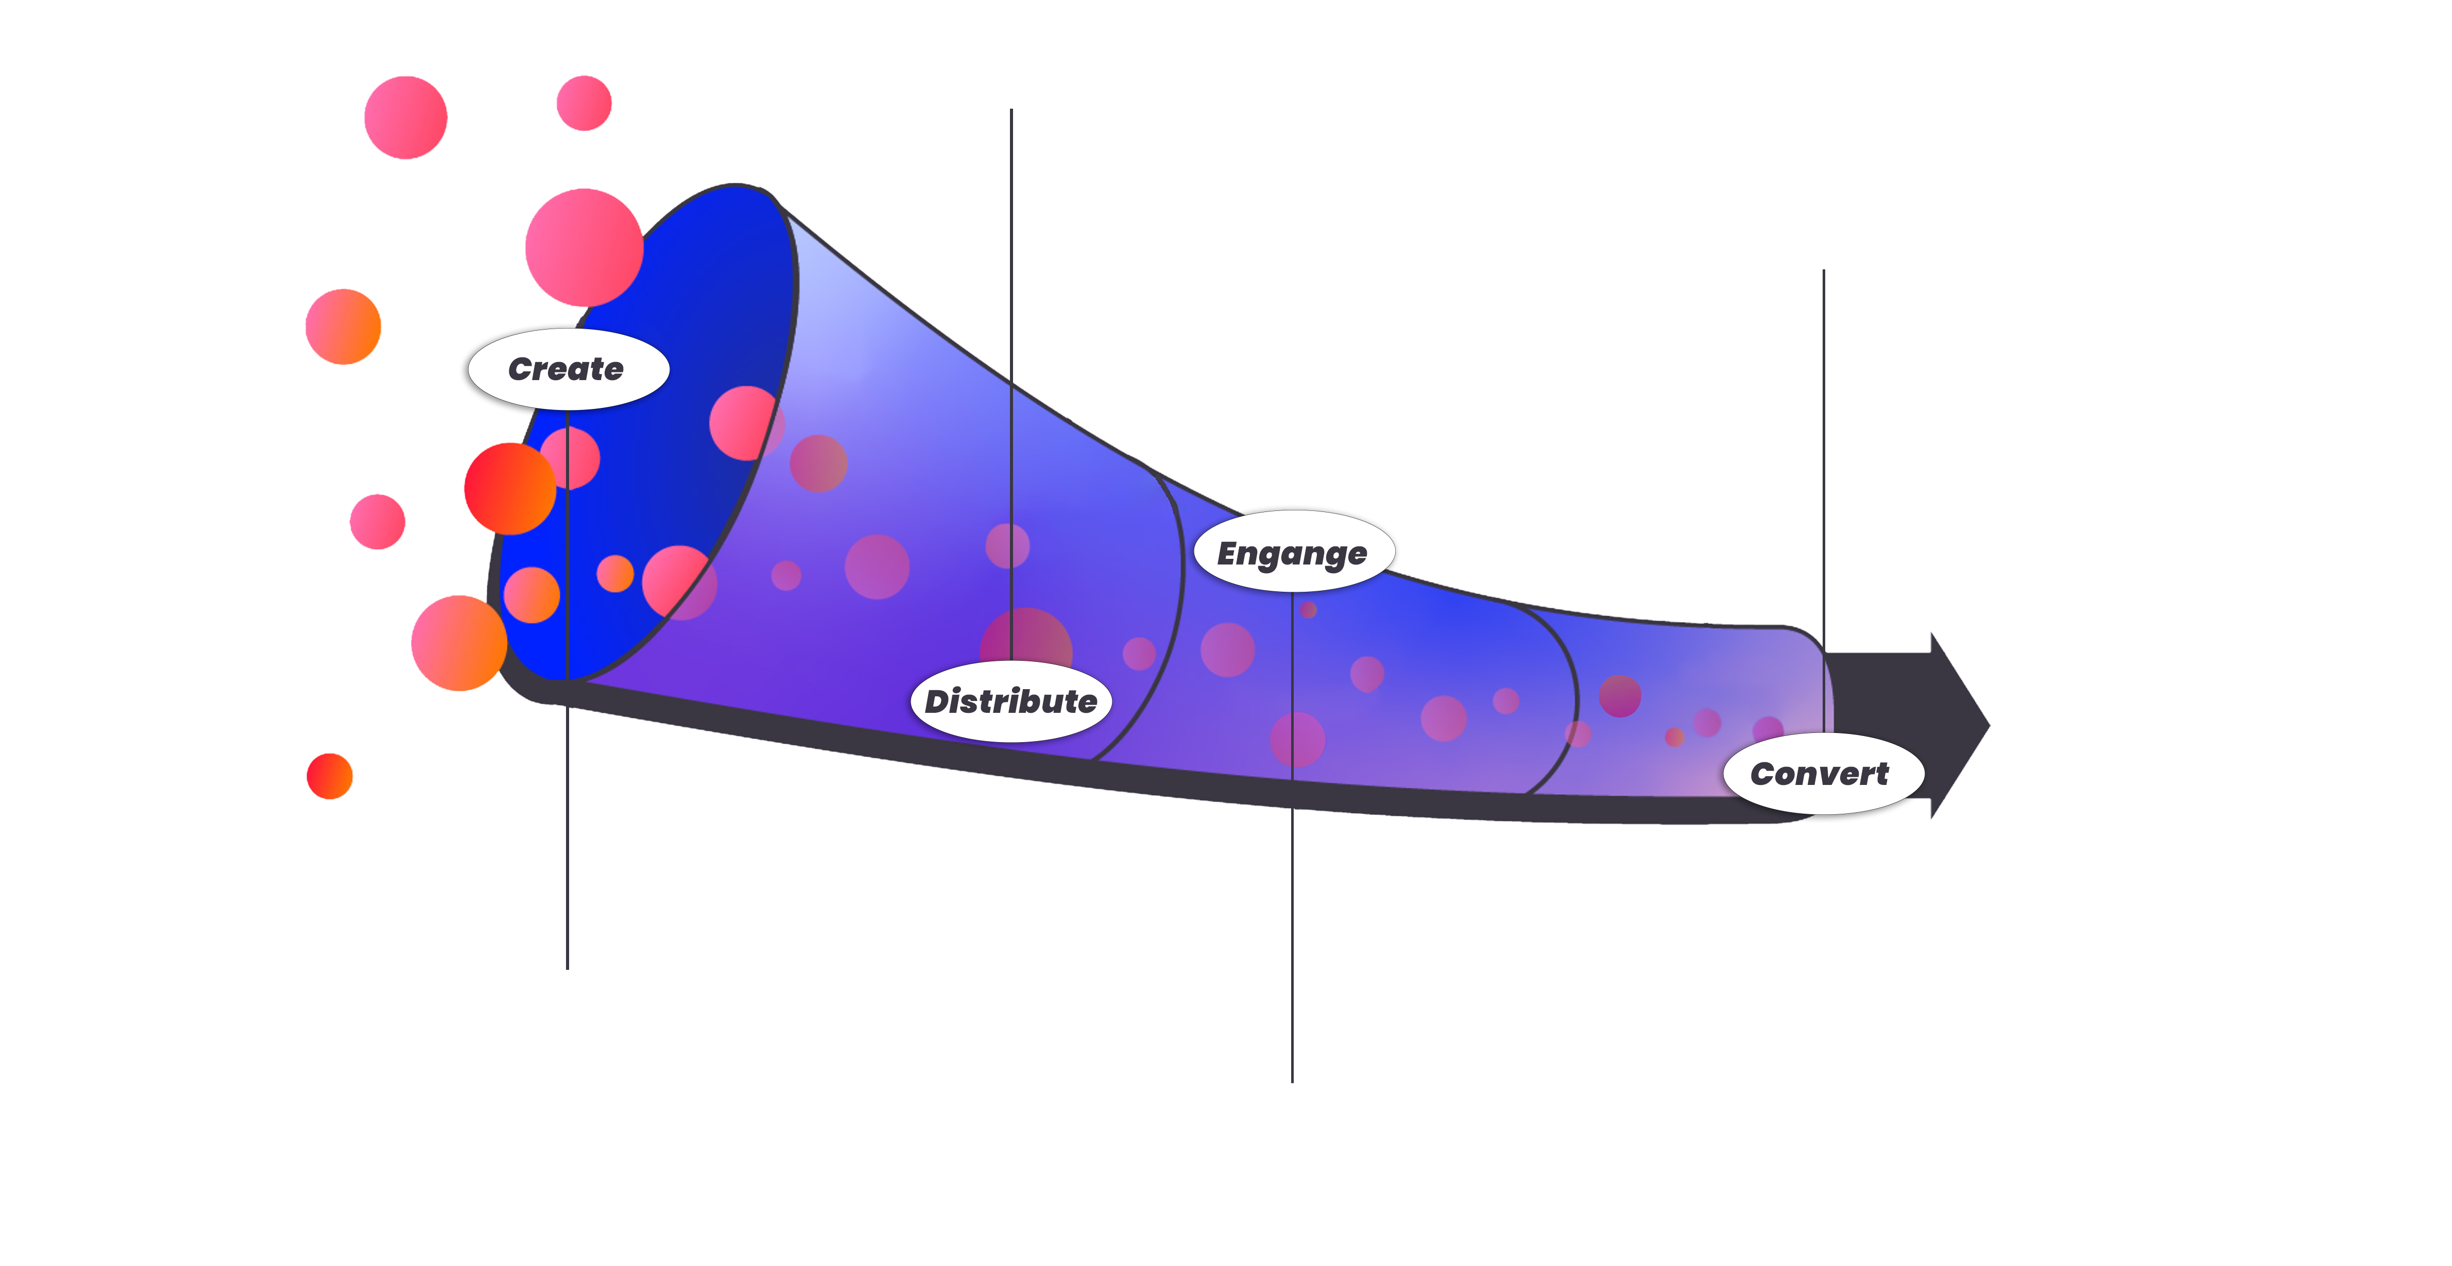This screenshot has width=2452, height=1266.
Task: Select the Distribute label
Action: point(1011,702)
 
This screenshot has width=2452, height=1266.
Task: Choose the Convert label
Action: point(1820,774)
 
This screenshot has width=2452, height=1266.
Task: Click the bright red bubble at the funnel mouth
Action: point(510,488)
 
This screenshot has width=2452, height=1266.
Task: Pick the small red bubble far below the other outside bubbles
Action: point(329,776)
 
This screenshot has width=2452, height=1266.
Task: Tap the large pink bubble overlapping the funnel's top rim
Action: point(585,248)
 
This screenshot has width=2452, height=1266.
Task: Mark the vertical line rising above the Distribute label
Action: point(1011,385)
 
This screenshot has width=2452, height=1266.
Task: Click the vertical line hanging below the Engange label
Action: point(1292,836)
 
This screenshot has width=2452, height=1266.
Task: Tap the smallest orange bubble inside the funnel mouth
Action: point(615,573)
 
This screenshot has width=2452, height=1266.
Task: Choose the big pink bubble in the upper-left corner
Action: point(405,117)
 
